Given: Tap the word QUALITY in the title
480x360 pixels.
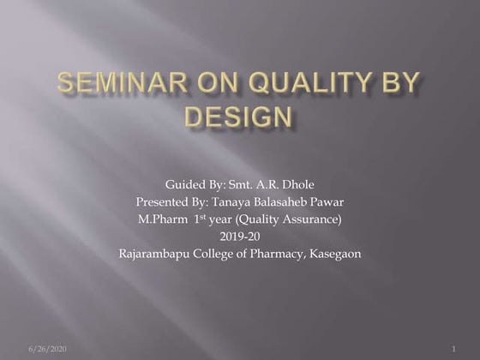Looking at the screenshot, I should click(x=310, y=84).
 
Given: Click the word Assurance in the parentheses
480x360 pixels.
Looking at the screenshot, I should click(x=310, y=219).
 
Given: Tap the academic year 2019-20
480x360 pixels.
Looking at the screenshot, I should click(x=238, y=236).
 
